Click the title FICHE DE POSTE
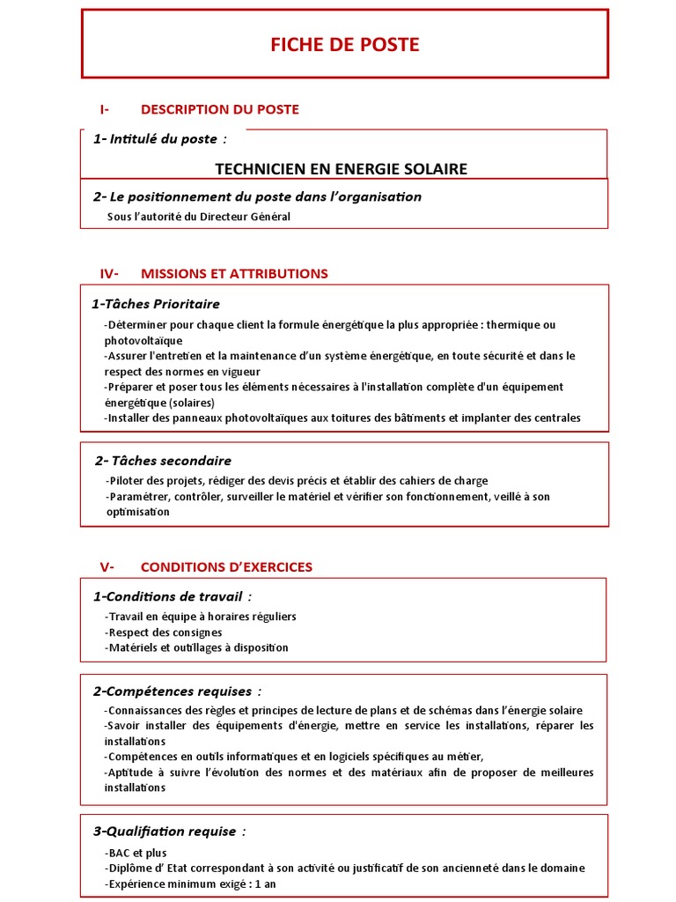345,45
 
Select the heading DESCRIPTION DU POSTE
219,109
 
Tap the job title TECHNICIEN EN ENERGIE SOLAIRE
342,169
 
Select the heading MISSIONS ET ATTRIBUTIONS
234,273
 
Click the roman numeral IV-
110,273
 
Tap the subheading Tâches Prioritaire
156,304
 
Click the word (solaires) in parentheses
186,403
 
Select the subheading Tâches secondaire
163,461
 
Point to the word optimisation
136,512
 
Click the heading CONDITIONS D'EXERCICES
226,566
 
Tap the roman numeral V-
108,566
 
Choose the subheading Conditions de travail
165,596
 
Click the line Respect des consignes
163,632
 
